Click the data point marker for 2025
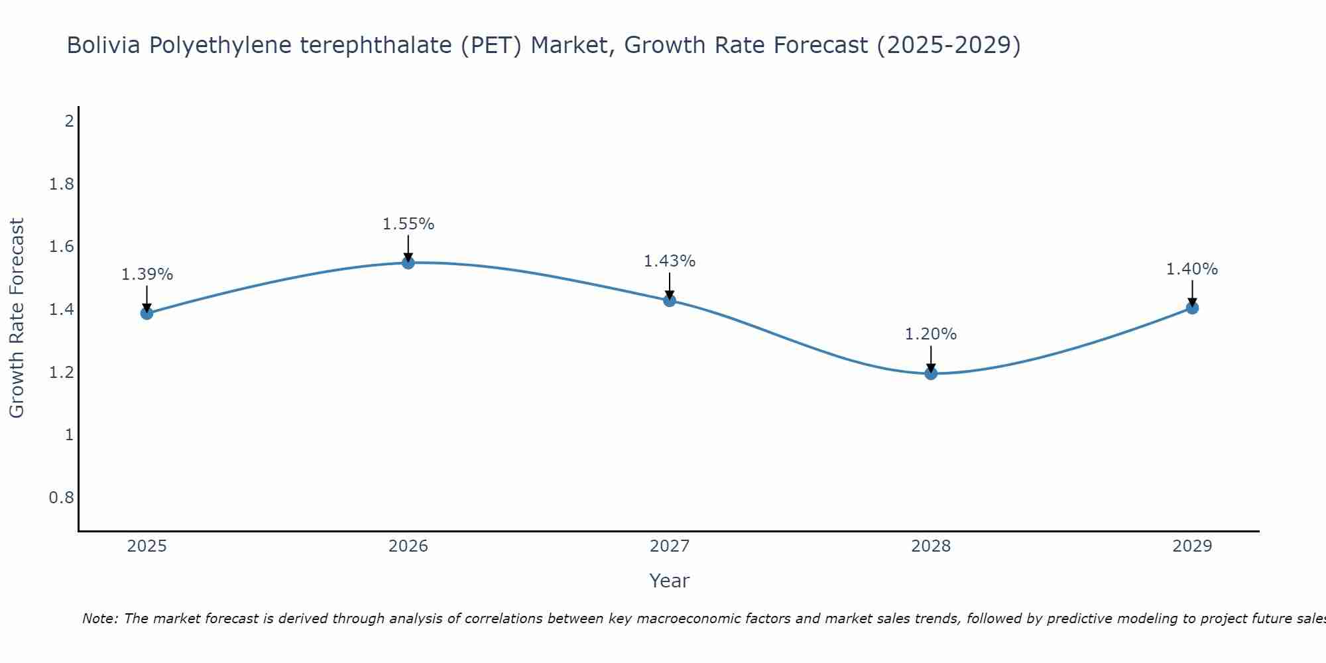click(x=147, y=313)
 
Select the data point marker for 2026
click(x=408, y=263)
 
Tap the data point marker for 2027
click(x=670, y=300)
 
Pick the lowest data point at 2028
click(x=931, y=373)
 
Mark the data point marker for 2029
click(x=1192, y=308)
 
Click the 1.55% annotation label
click(x=408, y=224)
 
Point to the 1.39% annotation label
click(x=147, y=274)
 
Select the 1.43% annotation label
click(x=670, y=261)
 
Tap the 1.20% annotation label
click(x=931, y=334)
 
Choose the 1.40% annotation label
click(x=1192, y=269)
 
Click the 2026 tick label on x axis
click(x=408, y=546)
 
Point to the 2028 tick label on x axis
click(x=931, y=546)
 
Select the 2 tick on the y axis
click(x=69, y=121)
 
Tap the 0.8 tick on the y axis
click(x=62, y=497)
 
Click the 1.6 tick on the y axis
click(x=62, y=247)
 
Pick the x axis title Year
click(x=670, y=581)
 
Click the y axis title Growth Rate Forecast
click(x=17, y=318)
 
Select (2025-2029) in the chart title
click(x=949, y=46)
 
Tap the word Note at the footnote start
click(x=100, y=619)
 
